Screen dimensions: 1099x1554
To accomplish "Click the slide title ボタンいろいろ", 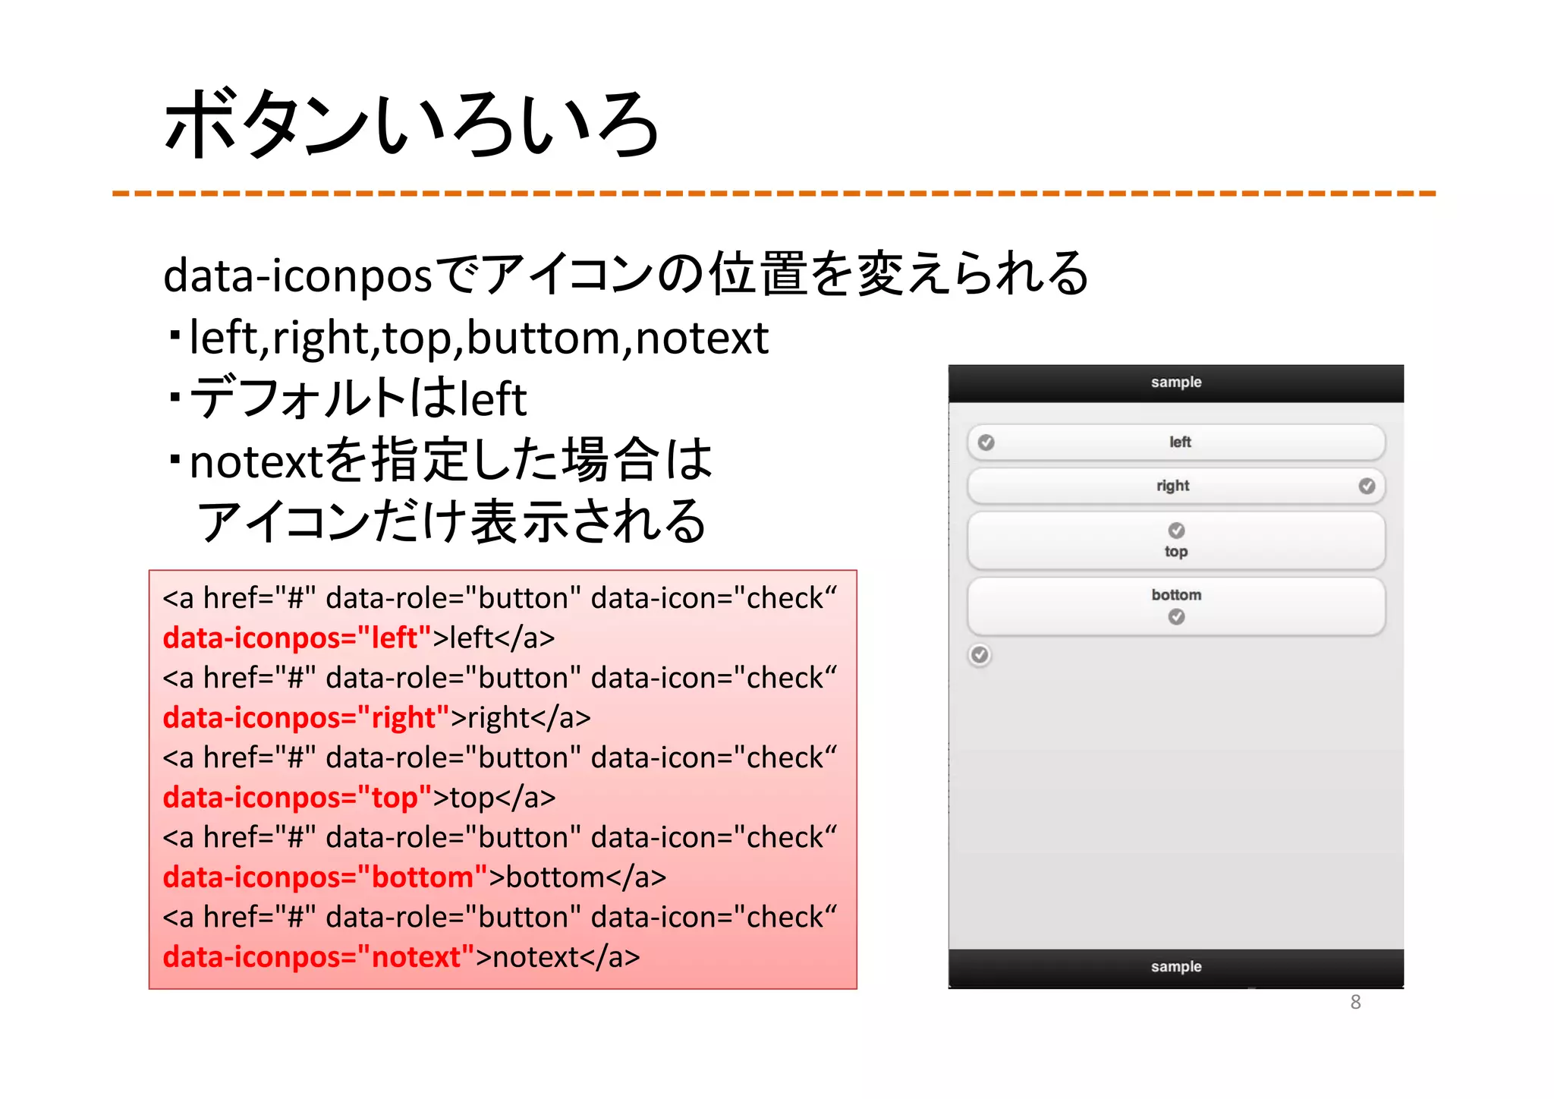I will tap(411, 125).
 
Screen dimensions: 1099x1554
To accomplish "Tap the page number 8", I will tap(1355, 1002).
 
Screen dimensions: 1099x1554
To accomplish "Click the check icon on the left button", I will tap(986, 442).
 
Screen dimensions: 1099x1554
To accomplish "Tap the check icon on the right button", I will tap(1367, 486).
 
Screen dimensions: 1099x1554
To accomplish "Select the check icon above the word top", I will tap(1176, 530).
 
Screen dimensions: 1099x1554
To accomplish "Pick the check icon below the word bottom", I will tap(1176, 617).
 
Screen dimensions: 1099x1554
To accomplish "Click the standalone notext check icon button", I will tap(980, 655).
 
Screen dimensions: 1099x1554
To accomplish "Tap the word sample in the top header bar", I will tap(1175, 382).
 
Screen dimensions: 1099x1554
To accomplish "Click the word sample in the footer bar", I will tap(1175, 966).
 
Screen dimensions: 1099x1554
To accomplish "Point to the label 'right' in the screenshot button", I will tap(1172, 486).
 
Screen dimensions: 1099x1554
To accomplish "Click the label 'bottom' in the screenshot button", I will tap(1176, 595).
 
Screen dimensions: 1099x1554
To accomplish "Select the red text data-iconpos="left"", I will tap(297, 638).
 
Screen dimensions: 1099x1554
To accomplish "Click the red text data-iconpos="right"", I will tap(306, 717).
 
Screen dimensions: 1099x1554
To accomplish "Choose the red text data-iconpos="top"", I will tap(297, 797).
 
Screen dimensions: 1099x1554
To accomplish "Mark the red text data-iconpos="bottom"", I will tap(325, 877).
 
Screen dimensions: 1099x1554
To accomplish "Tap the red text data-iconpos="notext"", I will tap(318, 956).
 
